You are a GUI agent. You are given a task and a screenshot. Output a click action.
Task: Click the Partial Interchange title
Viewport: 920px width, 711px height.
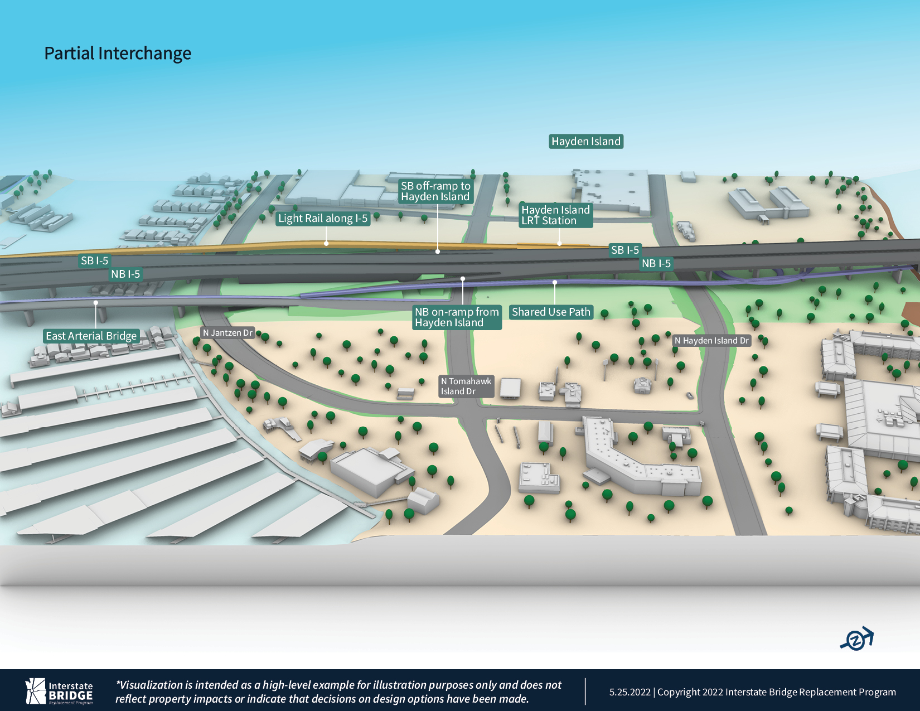click(x=118, y=54)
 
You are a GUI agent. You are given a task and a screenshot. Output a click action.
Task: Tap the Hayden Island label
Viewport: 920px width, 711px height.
click(x=586, y=142)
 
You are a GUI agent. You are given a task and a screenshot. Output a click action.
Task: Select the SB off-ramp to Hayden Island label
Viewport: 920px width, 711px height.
click(x=435, y=191)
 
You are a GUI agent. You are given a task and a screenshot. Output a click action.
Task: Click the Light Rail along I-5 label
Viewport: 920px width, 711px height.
click(x=323, y=219)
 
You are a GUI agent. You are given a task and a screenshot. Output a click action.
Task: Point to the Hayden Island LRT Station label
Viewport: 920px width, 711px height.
click(x=555, y=215)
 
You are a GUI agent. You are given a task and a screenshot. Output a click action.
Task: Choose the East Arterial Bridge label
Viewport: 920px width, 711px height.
click(x=91, y=336)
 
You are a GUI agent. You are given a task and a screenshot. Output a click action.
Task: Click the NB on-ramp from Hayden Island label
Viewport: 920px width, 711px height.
click(x=457, y=317)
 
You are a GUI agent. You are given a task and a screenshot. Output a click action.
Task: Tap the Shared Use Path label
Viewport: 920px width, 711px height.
click(x=551, y=312)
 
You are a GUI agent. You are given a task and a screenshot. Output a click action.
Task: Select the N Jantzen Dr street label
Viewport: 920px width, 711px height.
click(x=227, y=333)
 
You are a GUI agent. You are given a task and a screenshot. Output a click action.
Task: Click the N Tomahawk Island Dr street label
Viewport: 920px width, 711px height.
click(x=466, y=386)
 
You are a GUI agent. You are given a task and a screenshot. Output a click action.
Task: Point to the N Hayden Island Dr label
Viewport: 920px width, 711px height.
click(x=711, y=341)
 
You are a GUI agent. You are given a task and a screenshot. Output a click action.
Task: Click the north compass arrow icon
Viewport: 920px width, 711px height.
click(x=858, y=639)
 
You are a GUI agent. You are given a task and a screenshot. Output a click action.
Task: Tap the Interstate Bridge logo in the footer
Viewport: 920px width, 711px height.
click(x=59, y=691)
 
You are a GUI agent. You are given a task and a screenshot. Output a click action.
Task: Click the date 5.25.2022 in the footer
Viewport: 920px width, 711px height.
click(x=630, y=692)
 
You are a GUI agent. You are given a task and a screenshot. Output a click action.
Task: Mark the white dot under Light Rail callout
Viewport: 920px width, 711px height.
click(x=326, y=244)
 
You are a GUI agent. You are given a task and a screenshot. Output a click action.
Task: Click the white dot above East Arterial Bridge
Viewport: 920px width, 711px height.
click(x=96, y=303)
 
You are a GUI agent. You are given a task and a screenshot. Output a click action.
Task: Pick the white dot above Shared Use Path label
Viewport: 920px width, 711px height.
click(x=555, y=282)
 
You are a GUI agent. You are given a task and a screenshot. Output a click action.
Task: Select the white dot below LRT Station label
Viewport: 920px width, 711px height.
click(x=559, y=244)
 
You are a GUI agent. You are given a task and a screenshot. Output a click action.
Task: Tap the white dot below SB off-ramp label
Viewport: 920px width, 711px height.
click(x=438, y=251)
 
